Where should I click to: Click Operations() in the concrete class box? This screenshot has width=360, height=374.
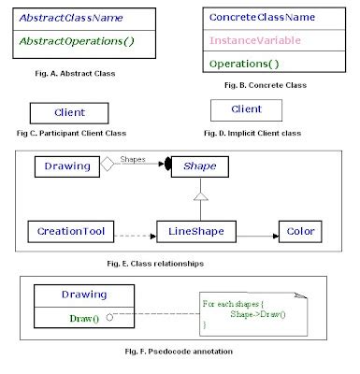tap(245, 65)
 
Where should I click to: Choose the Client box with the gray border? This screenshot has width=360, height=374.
tap(246, 110)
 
